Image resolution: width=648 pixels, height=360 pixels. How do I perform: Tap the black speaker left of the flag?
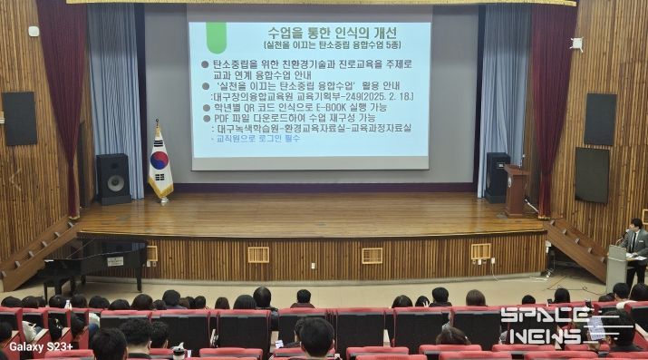113,178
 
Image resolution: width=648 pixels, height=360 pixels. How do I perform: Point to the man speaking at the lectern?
636,245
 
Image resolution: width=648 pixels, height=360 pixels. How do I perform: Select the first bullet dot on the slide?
204,63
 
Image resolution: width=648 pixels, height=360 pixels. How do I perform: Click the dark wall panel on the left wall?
19,118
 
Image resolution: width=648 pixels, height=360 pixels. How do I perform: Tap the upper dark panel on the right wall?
599,119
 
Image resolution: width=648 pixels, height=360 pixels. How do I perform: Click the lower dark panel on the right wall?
592,174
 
